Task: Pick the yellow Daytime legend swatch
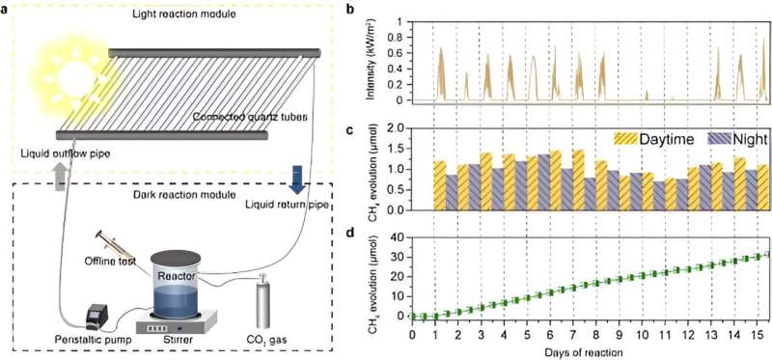630,139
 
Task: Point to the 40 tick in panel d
399,236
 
